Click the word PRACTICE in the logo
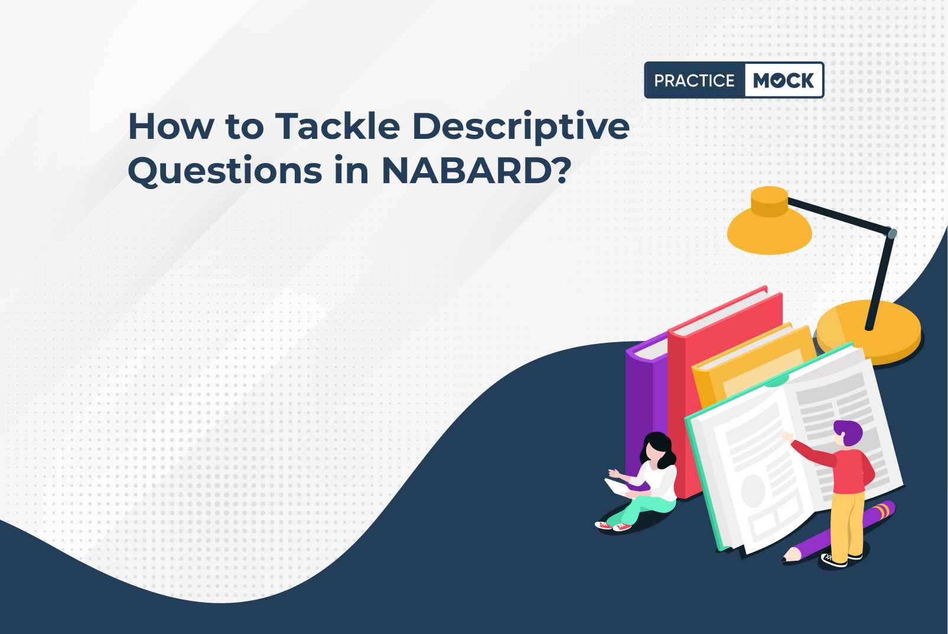point(694,80)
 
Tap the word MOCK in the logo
point(783,80)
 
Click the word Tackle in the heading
point(337,126)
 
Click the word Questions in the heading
point(224,172)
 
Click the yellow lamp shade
point(770,222)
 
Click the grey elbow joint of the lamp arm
point(892,233)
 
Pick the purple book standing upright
point(646,407)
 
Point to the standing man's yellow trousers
point(846,524)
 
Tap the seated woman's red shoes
point(613,526)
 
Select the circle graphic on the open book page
point(753,490)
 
